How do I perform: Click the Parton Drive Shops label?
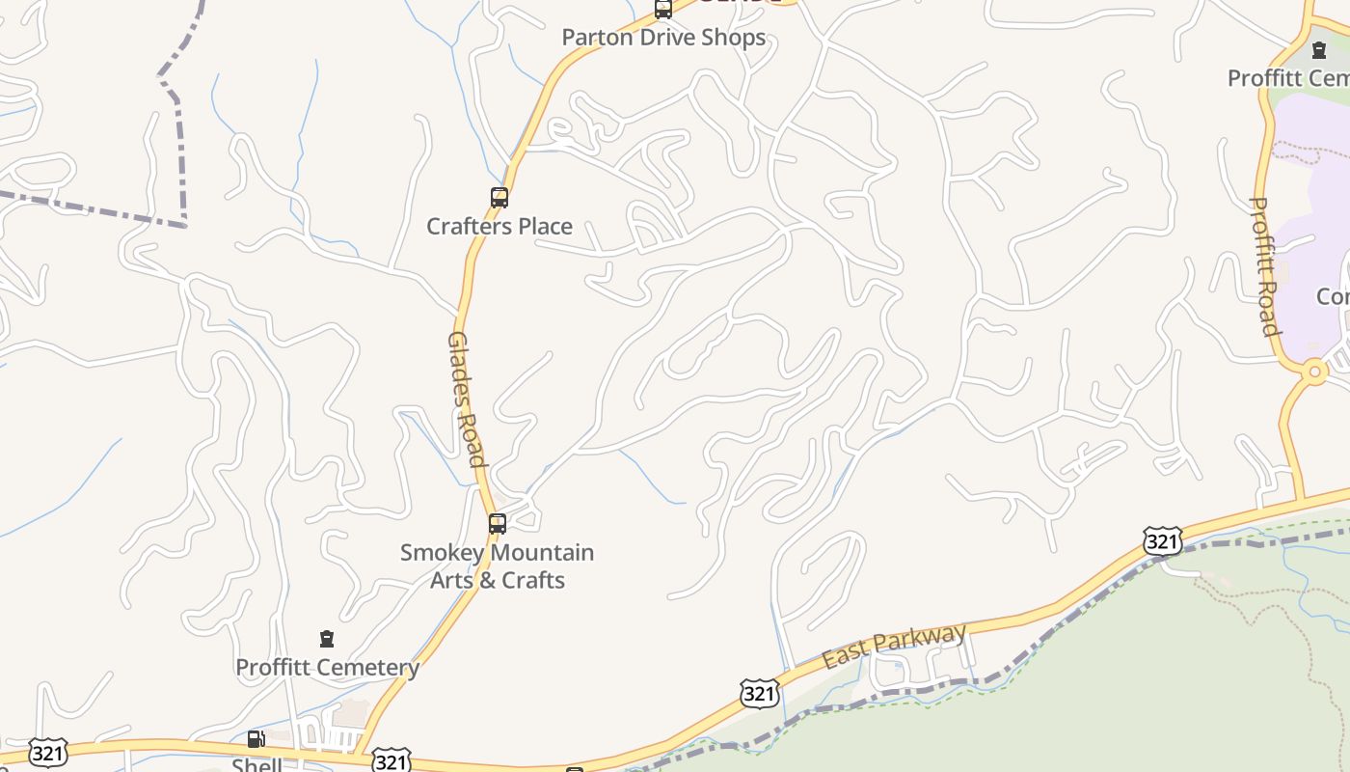pyautogui.click(x=663, y=38)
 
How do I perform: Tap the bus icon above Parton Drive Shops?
pyautogui.click(x=663, y=10)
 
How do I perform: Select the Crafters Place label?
pyautogui.click(x=499, y=227)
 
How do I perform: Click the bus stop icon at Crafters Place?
pyautogui.click(x=499, y=198)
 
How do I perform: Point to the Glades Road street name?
pyautogui.click(x=466, y=400)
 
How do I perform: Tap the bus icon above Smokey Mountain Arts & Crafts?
pyautogui.click(x=498, y=524)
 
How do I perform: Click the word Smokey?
pyautogui.click(x=445, y=553)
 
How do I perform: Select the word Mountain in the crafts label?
pyautogui.click(x=544, y=553)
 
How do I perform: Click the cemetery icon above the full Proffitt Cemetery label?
pyautogui.click(x=327, y=639)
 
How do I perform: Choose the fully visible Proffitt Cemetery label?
pyautogui.click(x=327, y=668)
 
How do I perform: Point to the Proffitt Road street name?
pyautogui.click(x=1264, y=266)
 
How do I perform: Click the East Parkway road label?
pyautogui.click(x=894, y=646)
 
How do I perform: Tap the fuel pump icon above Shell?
pyautogui.click(x=256, y=739)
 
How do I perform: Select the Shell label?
pyautogui.click(x=256, y=764)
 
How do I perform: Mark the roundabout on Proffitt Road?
pyautogui.click(x=1313, y=371)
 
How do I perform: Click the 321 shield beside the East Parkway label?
pyautogui.click(x=760, y=693)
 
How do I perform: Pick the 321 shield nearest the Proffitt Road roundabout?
pyautogui.click(x=1162, y=541)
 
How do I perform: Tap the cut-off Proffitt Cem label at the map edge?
pyautogui.click(x=1288, y=78)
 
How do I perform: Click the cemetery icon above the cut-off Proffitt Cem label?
pyautogui.click(x=1319, y=49)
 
